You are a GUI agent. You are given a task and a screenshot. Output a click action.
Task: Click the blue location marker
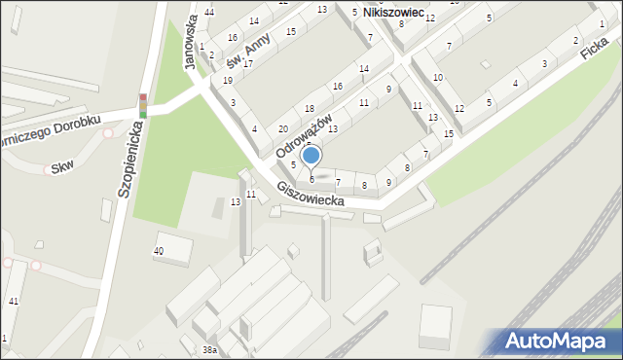[311, 155]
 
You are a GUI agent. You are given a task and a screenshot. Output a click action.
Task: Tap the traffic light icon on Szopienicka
[143, 106]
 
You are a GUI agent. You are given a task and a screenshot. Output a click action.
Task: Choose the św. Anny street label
[246, 51]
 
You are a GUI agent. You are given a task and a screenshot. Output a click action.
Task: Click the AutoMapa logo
[556, 341]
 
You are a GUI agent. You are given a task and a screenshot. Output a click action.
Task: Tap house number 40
[159, 251]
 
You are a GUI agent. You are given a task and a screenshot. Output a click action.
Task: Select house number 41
[13, 302]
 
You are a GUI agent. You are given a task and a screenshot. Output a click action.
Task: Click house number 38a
[209, 348]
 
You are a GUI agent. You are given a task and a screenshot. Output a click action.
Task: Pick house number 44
[210, 13]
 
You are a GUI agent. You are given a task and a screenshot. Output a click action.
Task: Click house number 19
[228, 81]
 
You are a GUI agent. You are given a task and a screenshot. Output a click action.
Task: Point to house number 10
[438, 77]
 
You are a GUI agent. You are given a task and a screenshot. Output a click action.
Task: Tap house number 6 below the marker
[311, 179]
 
